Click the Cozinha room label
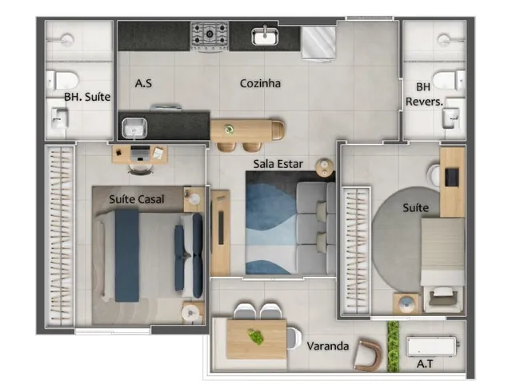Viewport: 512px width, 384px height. click(x=260, y=83)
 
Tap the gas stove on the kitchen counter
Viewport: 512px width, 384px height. click(x=210, y=36)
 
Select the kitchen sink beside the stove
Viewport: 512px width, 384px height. click(x=265, y=36)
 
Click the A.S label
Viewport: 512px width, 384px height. click(x=143, y=83)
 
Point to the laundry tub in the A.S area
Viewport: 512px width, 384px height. click(x=134, y=128)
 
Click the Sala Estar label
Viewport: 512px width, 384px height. click(x=278, y=164)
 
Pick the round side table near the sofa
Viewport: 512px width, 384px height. click(x=325, y=168)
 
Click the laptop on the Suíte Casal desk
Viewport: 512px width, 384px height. click(x=140, y=154)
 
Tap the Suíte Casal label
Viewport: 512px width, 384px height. click(x=137, y=199)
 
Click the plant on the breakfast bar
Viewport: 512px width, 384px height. click(x=230, y=130)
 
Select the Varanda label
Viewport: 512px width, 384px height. click(x=328, y=346)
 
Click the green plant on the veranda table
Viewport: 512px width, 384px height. click(x=256, y=337)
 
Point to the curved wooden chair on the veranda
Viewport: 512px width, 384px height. click(x=368, y=355)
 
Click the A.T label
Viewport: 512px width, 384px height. click(x=425, y=364)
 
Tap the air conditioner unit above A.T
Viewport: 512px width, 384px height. click(x=432, y=346)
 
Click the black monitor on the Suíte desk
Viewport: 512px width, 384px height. click(x=452, y=177)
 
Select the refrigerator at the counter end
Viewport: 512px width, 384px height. click(x=318, y=44)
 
